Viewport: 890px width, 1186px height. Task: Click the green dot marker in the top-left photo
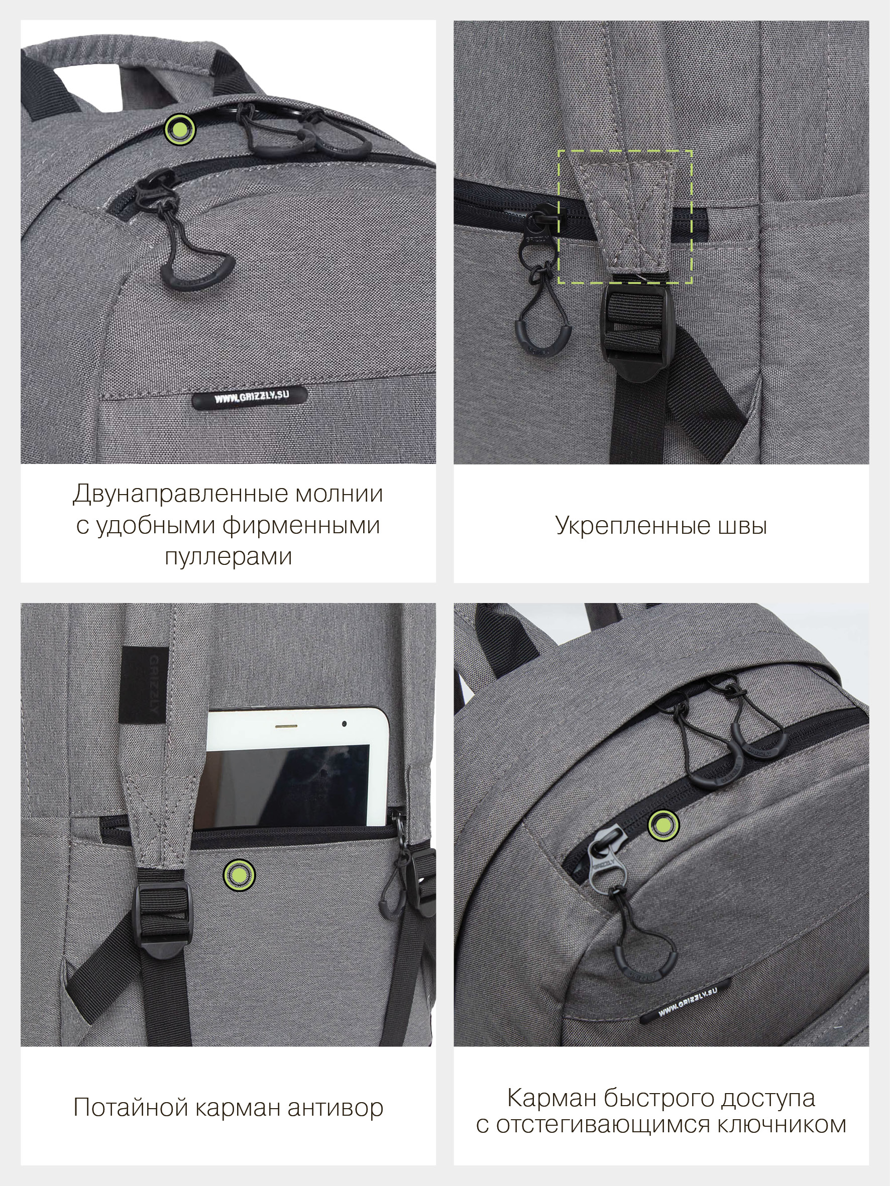coord(180,129)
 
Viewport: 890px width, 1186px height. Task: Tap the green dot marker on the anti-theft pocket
coord(239,876)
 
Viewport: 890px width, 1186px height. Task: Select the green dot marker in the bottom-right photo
coord(663,824)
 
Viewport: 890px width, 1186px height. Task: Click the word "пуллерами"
coord(229,557)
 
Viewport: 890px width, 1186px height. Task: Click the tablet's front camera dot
coord(344,725)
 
